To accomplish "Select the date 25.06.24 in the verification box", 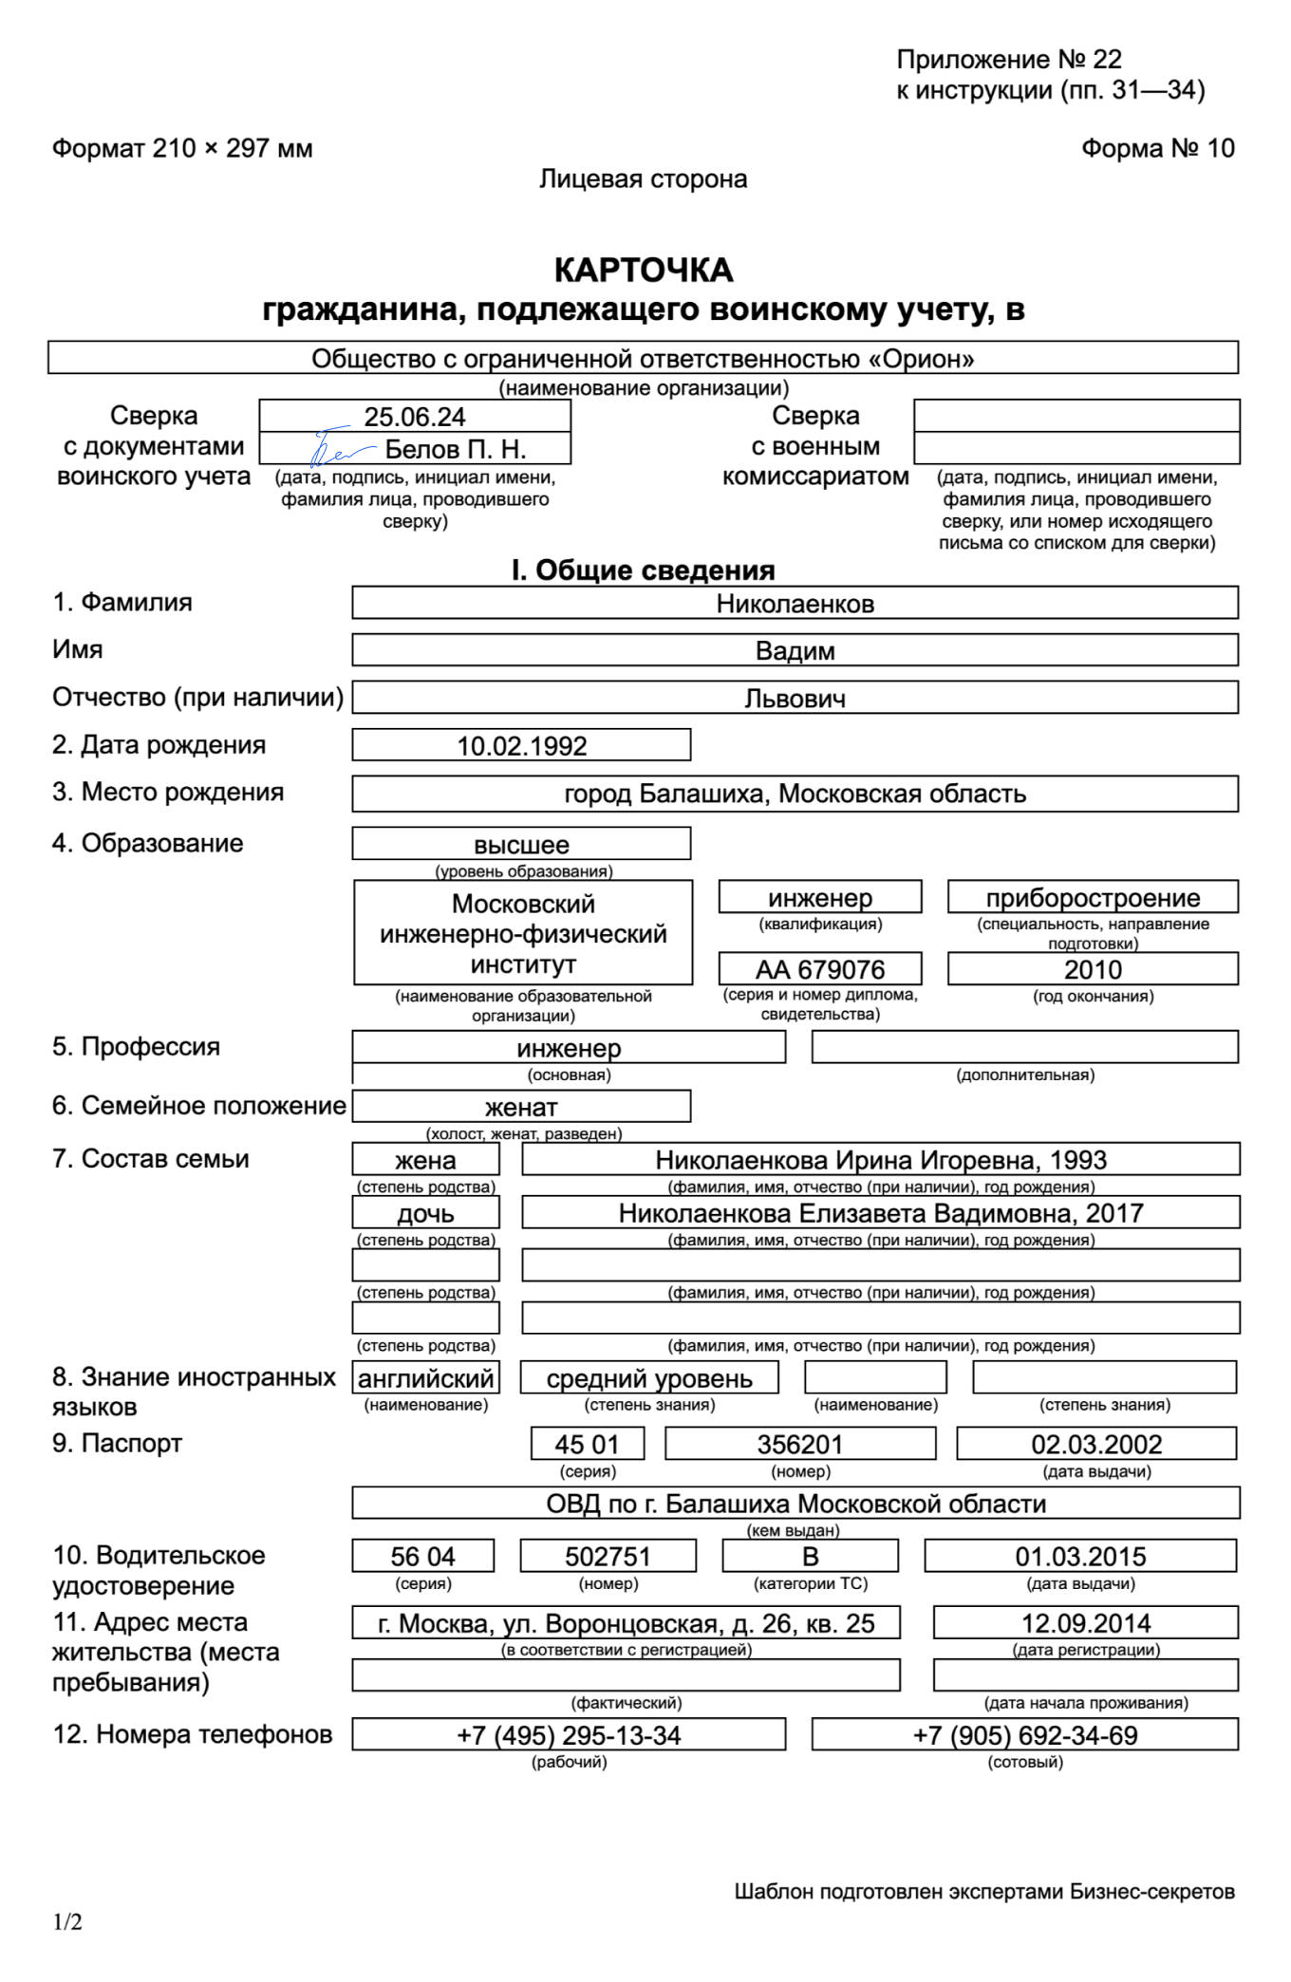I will coord(415,417).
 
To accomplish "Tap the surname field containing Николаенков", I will coord(795,604).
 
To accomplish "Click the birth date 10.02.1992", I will coord(522,746).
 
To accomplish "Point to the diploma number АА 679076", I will coord(820,969).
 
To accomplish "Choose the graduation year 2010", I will coord(1093,969).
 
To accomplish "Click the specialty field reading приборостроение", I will coord(1093,898).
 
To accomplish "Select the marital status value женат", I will coord(521,1108).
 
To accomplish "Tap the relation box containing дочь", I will coord(425,1213).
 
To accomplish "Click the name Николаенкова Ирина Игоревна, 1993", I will coord(881,1160).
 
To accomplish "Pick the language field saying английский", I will coord(426,1378).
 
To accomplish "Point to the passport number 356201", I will coord(800,1445).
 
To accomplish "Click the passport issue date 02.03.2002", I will coord(1096,1445).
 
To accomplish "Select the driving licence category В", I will coord(811,1557).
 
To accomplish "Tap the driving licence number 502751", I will coord(608,1557).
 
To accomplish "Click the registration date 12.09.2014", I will coord(1086,1623).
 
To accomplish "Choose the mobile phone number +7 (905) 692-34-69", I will coord(1025,1735).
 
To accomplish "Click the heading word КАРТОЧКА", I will coord(644,271).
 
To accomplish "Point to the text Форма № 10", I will coord(1158,148).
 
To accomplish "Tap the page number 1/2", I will coord(67,1922).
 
